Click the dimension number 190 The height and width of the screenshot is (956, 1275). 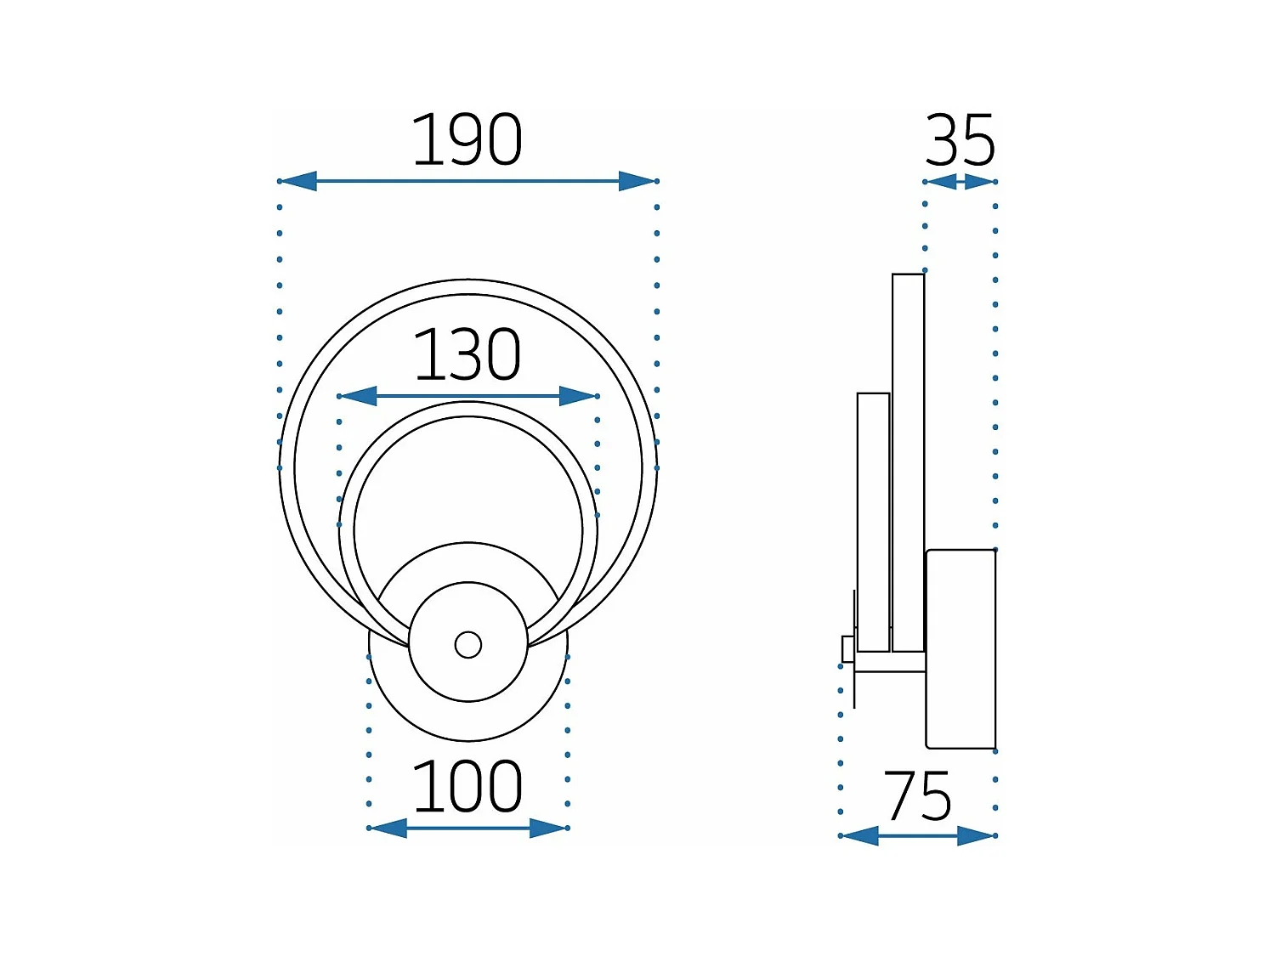467,140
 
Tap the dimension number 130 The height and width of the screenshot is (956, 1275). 467,355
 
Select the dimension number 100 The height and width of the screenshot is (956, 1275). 467,787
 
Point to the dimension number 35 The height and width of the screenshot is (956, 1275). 960,140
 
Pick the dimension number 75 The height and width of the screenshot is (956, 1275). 917,796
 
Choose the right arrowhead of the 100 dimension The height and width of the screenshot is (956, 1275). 548,828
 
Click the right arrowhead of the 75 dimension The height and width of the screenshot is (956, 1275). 977,836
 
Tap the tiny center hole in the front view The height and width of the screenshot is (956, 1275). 468,645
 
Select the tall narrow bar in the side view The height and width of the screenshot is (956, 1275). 908,463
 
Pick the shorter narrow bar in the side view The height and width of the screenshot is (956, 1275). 873,523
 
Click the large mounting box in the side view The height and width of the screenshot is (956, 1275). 960,649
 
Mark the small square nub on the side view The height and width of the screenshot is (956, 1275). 847,648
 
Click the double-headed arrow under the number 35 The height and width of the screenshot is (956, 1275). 960,182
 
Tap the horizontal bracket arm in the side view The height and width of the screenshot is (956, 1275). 890,662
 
